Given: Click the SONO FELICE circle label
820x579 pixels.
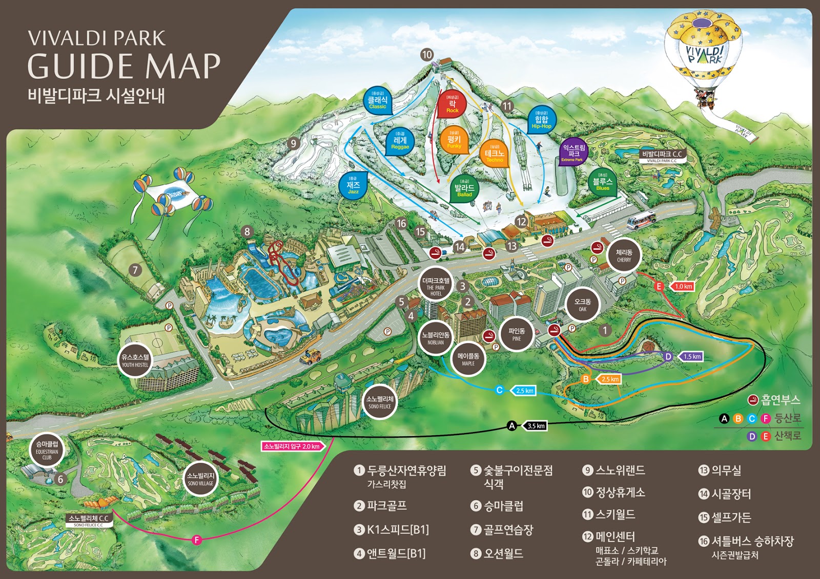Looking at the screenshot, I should pos(380,401).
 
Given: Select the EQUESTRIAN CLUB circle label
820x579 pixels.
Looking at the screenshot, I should pos(47,451).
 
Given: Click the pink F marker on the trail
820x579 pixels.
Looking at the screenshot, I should pos(196,540).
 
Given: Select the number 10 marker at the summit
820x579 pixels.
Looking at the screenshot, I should pos(427,54).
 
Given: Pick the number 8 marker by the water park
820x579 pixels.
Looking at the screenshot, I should pos(247,231).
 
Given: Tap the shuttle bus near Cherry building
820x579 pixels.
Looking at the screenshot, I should pos(641,221).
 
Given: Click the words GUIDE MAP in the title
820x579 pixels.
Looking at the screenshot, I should pos(124,67).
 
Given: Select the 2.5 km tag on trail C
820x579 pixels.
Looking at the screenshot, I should pos(524,391).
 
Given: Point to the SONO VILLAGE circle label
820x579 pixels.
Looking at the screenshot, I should pos(200,479).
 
